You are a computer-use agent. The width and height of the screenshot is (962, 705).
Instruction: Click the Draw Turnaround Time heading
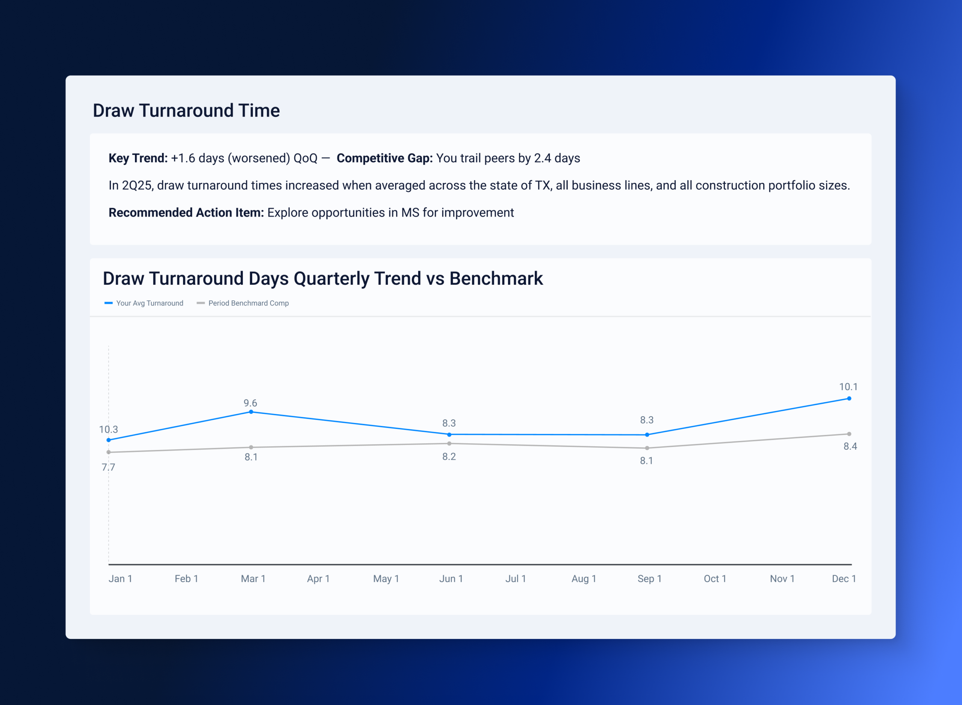coord(186,110)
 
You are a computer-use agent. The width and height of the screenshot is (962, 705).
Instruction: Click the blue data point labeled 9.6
coord(251,412)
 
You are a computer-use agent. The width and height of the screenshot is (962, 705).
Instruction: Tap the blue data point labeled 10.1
coord(849,399)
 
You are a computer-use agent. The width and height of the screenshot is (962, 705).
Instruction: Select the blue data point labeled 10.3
coord(109,440)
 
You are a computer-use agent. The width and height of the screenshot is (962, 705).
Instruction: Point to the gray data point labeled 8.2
coord(449,444)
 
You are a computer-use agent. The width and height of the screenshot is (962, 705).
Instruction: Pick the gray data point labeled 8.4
coord(849,434)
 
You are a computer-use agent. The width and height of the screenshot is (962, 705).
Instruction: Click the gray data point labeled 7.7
coord(109,452)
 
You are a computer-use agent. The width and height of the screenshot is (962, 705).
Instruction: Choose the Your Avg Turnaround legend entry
coord(144,303)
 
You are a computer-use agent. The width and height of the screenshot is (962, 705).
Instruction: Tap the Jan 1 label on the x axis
coord(120,579)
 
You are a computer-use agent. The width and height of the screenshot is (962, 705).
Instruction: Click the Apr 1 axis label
coord(318,579)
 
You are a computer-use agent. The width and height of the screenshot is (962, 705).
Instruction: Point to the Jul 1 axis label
coord(515,579)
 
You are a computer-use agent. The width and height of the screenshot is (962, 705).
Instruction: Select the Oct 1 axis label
coord(715,579)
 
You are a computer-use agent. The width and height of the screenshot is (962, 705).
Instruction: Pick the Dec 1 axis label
coord(844,579)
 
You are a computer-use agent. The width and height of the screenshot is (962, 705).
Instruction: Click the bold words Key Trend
coord(138,159)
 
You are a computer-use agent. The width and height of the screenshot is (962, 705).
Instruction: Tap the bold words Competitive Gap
coord(384,159)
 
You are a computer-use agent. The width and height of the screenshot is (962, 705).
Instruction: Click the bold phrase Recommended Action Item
coord(186,213)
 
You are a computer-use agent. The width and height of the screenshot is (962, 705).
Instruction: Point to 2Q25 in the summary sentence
coord(137,186)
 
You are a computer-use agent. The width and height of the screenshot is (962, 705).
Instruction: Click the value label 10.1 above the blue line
coord(848,386)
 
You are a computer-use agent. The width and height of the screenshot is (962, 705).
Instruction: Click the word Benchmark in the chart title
coord(496,279)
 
